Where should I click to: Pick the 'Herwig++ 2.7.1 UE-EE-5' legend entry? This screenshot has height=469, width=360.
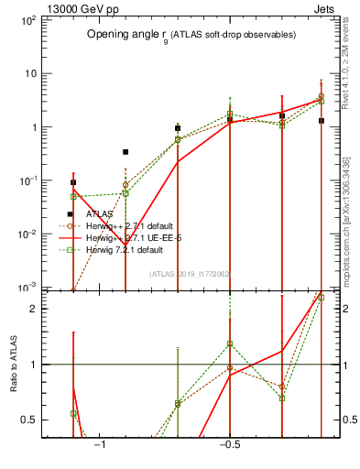point(127,237)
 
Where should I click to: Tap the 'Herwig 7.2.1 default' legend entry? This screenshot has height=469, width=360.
point(123,249)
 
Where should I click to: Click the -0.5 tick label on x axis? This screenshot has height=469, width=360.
point(229,445)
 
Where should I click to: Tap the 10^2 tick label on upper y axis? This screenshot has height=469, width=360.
point(27,20)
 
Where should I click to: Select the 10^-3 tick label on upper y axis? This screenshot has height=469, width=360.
point(27,288)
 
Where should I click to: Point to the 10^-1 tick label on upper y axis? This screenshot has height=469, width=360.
point(27,181)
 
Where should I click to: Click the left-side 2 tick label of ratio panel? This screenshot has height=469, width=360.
point(33,309)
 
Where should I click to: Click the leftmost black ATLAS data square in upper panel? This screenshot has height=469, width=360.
point(73,182)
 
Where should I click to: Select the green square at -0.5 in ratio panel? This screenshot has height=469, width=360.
point(230,344)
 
